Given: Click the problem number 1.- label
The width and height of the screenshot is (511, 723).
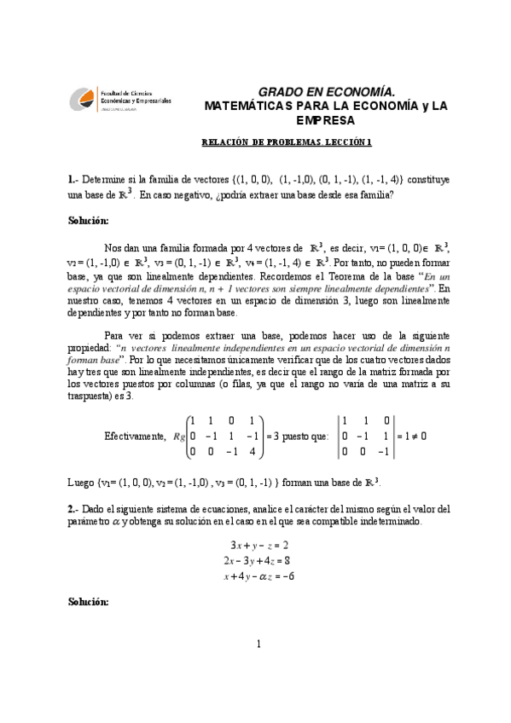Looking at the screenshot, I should [73, 180].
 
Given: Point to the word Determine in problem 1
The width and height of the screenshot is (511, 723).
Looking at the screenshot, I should [106, 180].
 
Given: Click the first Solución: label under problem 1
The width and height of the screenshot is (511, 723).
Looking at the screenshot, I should [88, 220].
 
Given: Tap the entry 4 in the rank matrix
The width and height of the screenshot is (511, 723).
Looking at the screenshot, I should [251, 452].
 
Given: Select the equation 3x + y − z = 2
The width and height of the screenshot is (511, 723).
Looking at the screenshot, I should [259, 543].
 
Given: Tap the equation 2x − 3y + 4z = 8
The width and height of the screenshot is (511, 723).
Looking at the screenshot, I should [259, 559].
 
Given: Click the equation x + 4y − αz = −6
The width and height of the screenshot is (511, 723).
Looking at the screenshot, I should [259, 576].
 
